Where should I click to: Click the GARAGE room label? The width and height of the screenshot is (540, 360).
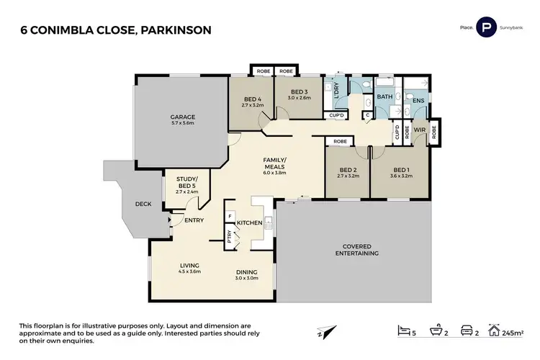182,117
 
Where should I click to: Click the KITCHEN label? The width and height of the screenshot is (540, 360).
249,223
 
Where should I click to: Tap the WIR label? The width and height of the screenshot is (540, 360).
418,130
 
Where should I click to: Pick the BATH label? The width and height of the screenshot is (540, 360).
384,96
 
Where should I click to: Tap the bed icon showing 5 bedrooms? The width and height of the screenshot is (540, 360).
402,330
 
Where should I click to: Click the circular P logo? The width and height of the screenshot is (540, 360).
487,27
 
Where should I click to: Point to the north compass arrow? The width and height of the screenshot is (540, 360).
328,330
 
